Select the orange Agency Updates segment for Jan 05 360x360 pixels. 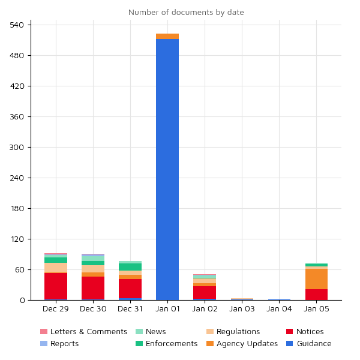point(316,279)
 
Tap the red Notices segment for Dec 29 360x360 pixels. point(56,286)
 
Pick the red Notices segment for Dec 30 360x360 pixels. point(93,288)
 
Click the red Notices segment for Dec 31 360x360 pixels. point(130,289)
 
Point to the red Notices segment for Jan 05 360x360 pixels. point(316,295)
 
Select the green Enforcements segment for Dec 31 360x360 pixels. point(130,267)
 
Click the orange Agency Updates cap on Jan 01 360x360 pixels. point(167,37)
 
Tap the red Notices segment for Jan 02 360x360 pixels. point(205,292)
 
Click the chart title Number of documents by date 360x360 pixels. point(186,13)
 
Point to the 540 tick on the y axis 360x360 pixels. point(17,25)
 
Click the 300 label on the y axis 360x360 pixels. point(17,148)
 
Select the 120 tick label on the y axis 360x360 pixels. point(17,239)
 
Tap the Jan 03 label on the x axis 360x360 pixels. point(242,309)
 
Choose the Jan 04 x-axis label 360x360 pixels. point(279,309)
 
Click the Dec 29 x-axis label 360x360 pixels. point(56,309)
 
